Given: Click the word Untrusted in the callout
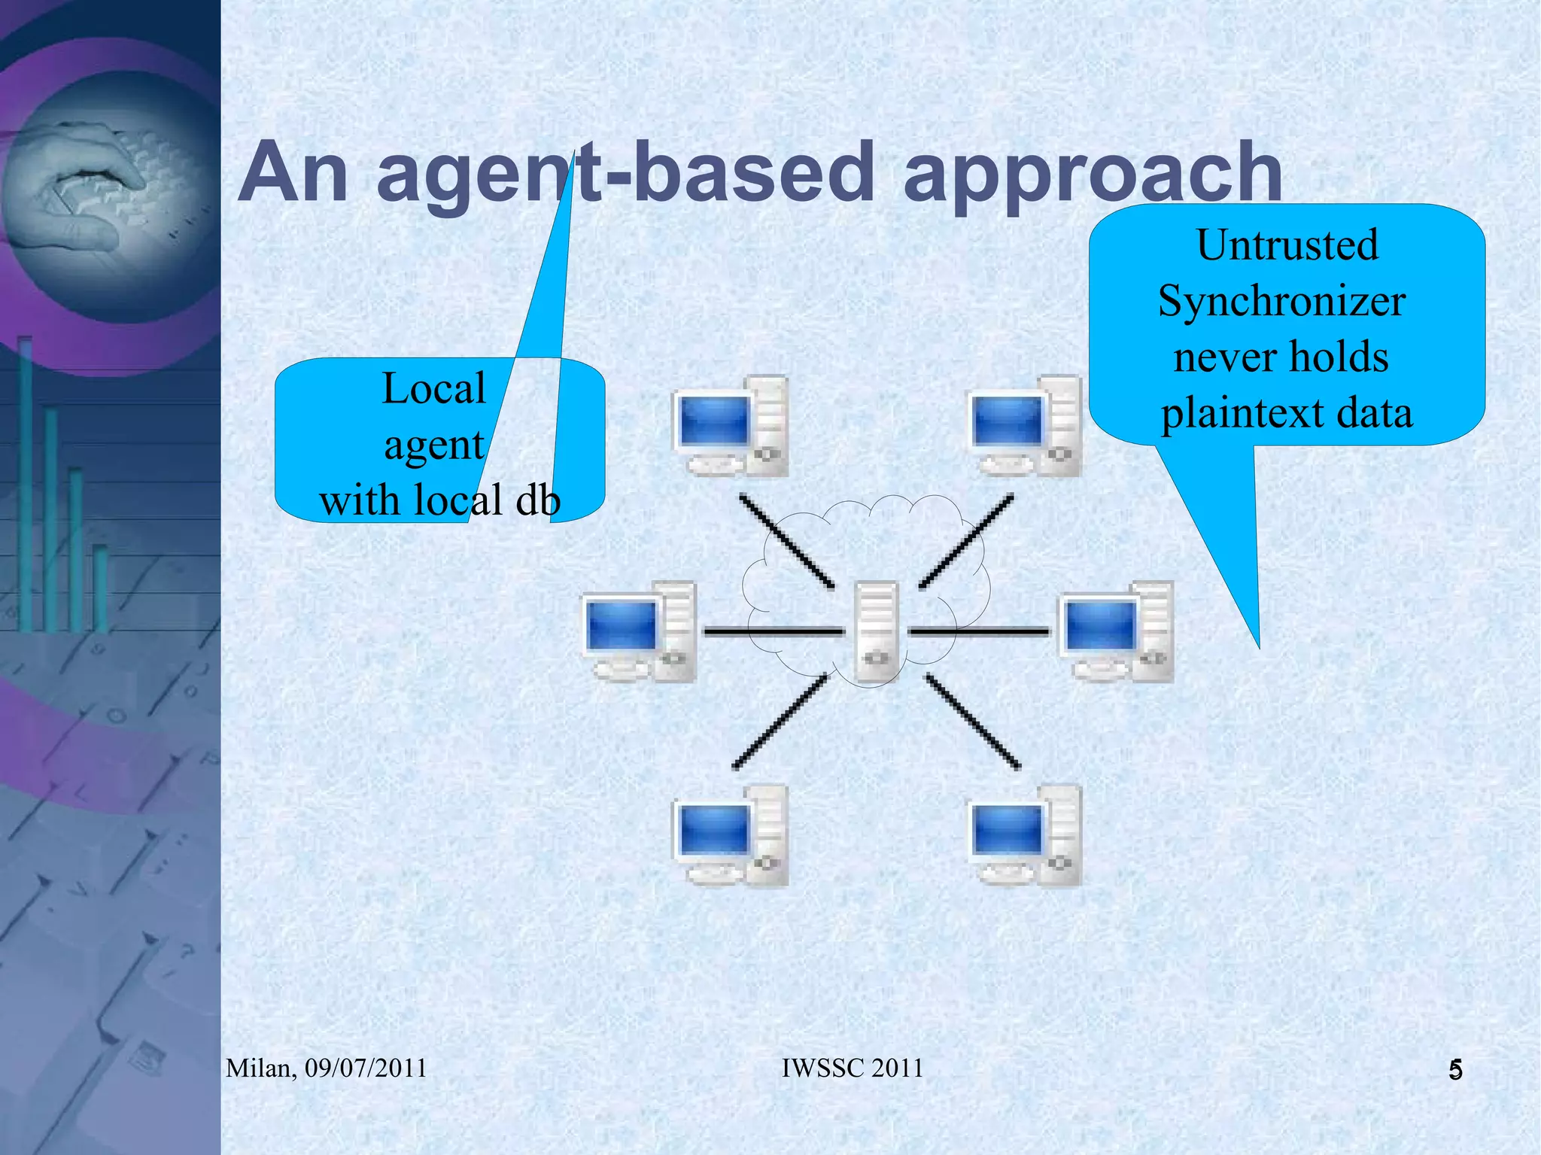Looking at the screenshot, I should (x=1287, y=245).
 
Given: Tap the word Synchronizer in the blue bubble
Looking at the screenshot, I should (x=1281, y=301).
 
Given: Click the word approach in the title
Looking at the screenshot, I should (x=1092, y=173).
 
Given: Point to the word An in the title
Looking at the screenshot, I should (x=293, y=173).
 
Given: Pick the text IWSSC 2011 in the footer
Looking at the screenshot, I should (x=852, y=1068).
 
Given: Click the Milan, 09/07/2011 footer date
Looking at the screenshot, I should (x=327, y=1068).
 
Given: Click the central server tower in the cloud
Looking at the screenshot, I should (x=877, y=632).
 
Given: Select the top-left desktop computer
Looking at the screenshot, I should (x=729, y=427).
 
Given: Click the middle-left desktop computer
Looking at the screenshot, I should (x=640, y=632).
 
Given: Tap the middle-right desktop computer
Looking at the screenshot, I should (x=1116, y=632).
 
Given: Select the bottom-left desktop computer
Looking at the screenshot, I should (x=729, y=835).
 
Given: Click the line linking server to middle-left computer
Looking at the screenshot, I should (x=774, y=632).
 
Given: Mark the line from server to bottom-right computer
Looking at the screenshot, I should (x=972, y=721).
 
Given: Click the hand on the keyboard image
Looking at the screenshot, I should (x=83, y=188).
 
